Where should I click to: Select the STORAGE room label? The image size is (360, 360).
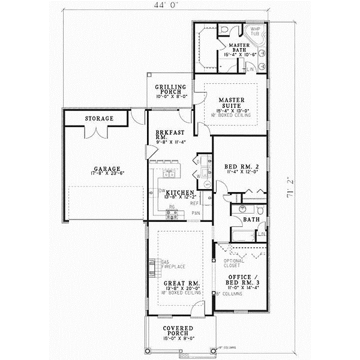point(98,119)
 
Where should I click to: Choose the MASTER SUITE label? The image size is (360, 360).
point(230,103)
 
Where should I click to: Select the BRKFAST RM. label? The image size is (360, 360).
point(165,136)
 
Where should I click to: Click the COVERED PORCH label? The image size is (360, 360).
point(178,332)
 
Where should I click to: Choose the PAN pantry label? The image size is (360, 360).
point(196,213)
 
